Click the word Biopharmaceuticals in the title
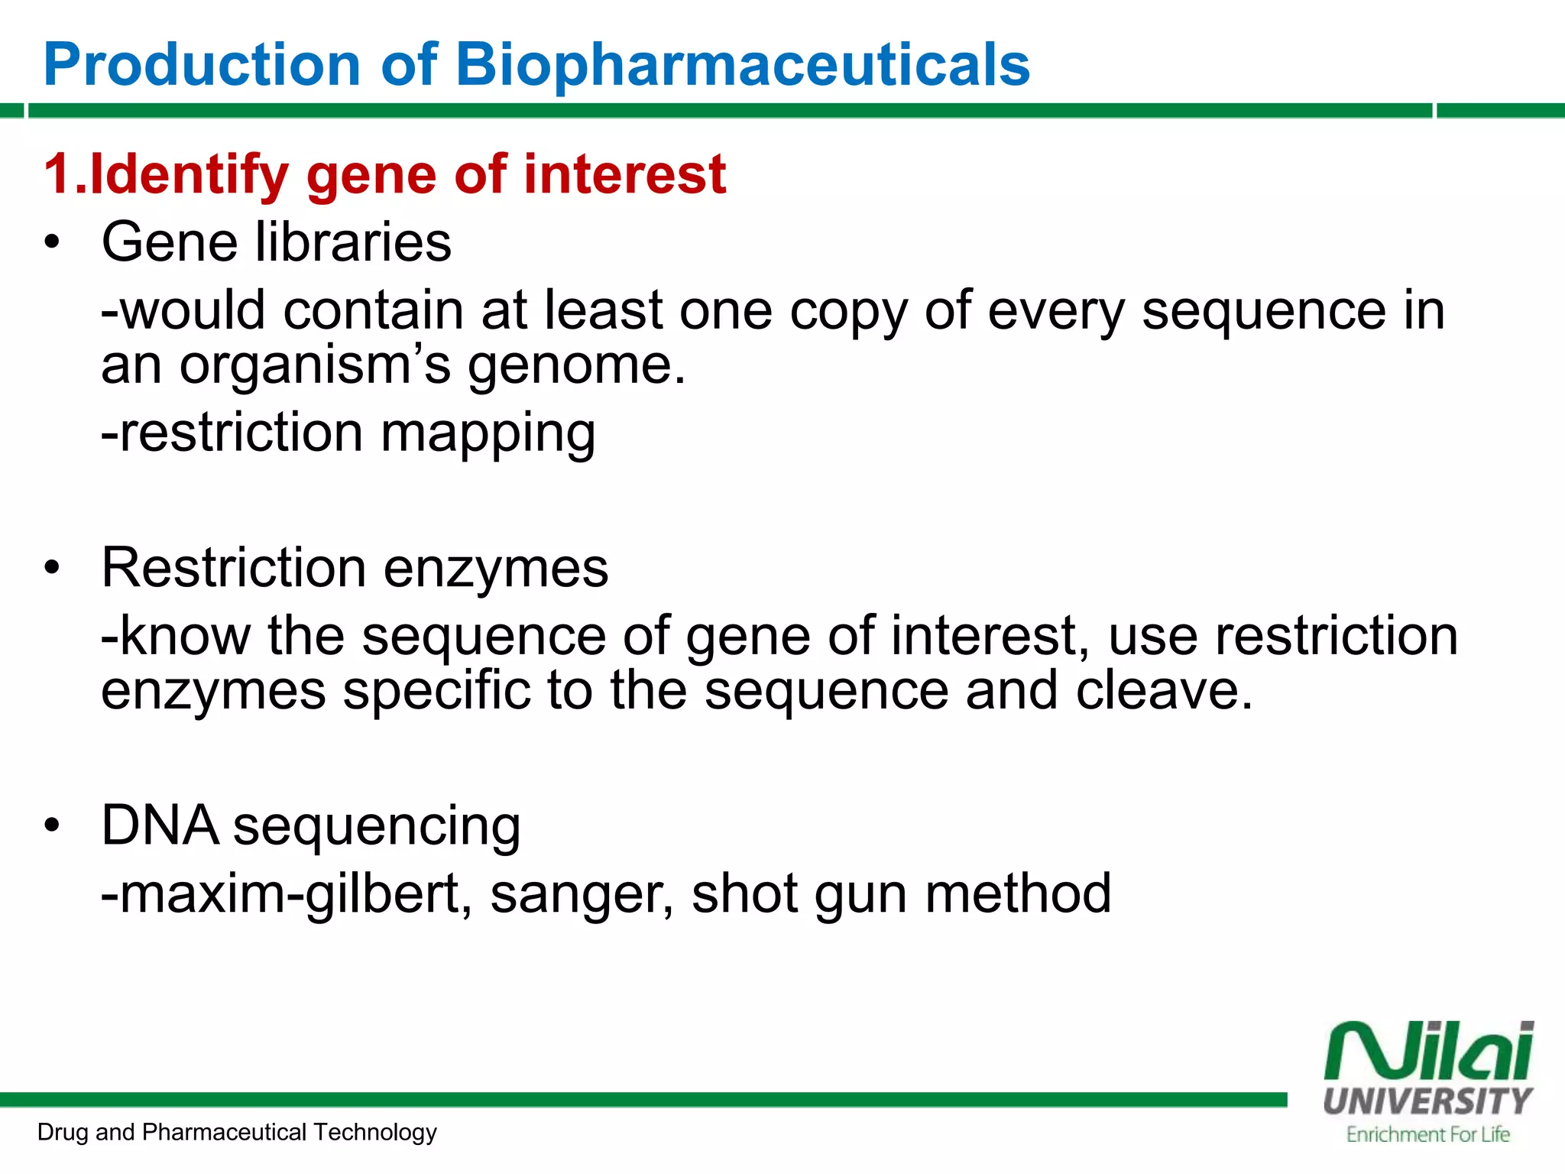743,64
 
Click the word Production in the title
202,64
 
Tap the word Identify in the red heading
189,175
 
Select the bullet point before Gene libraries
51,243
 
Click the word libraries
353,242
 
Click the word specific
436,690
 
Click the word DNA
159,825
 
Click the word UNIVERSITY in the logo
1427,1101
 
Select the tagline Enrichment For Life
1427,1134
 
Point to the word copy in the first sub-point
848,311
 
